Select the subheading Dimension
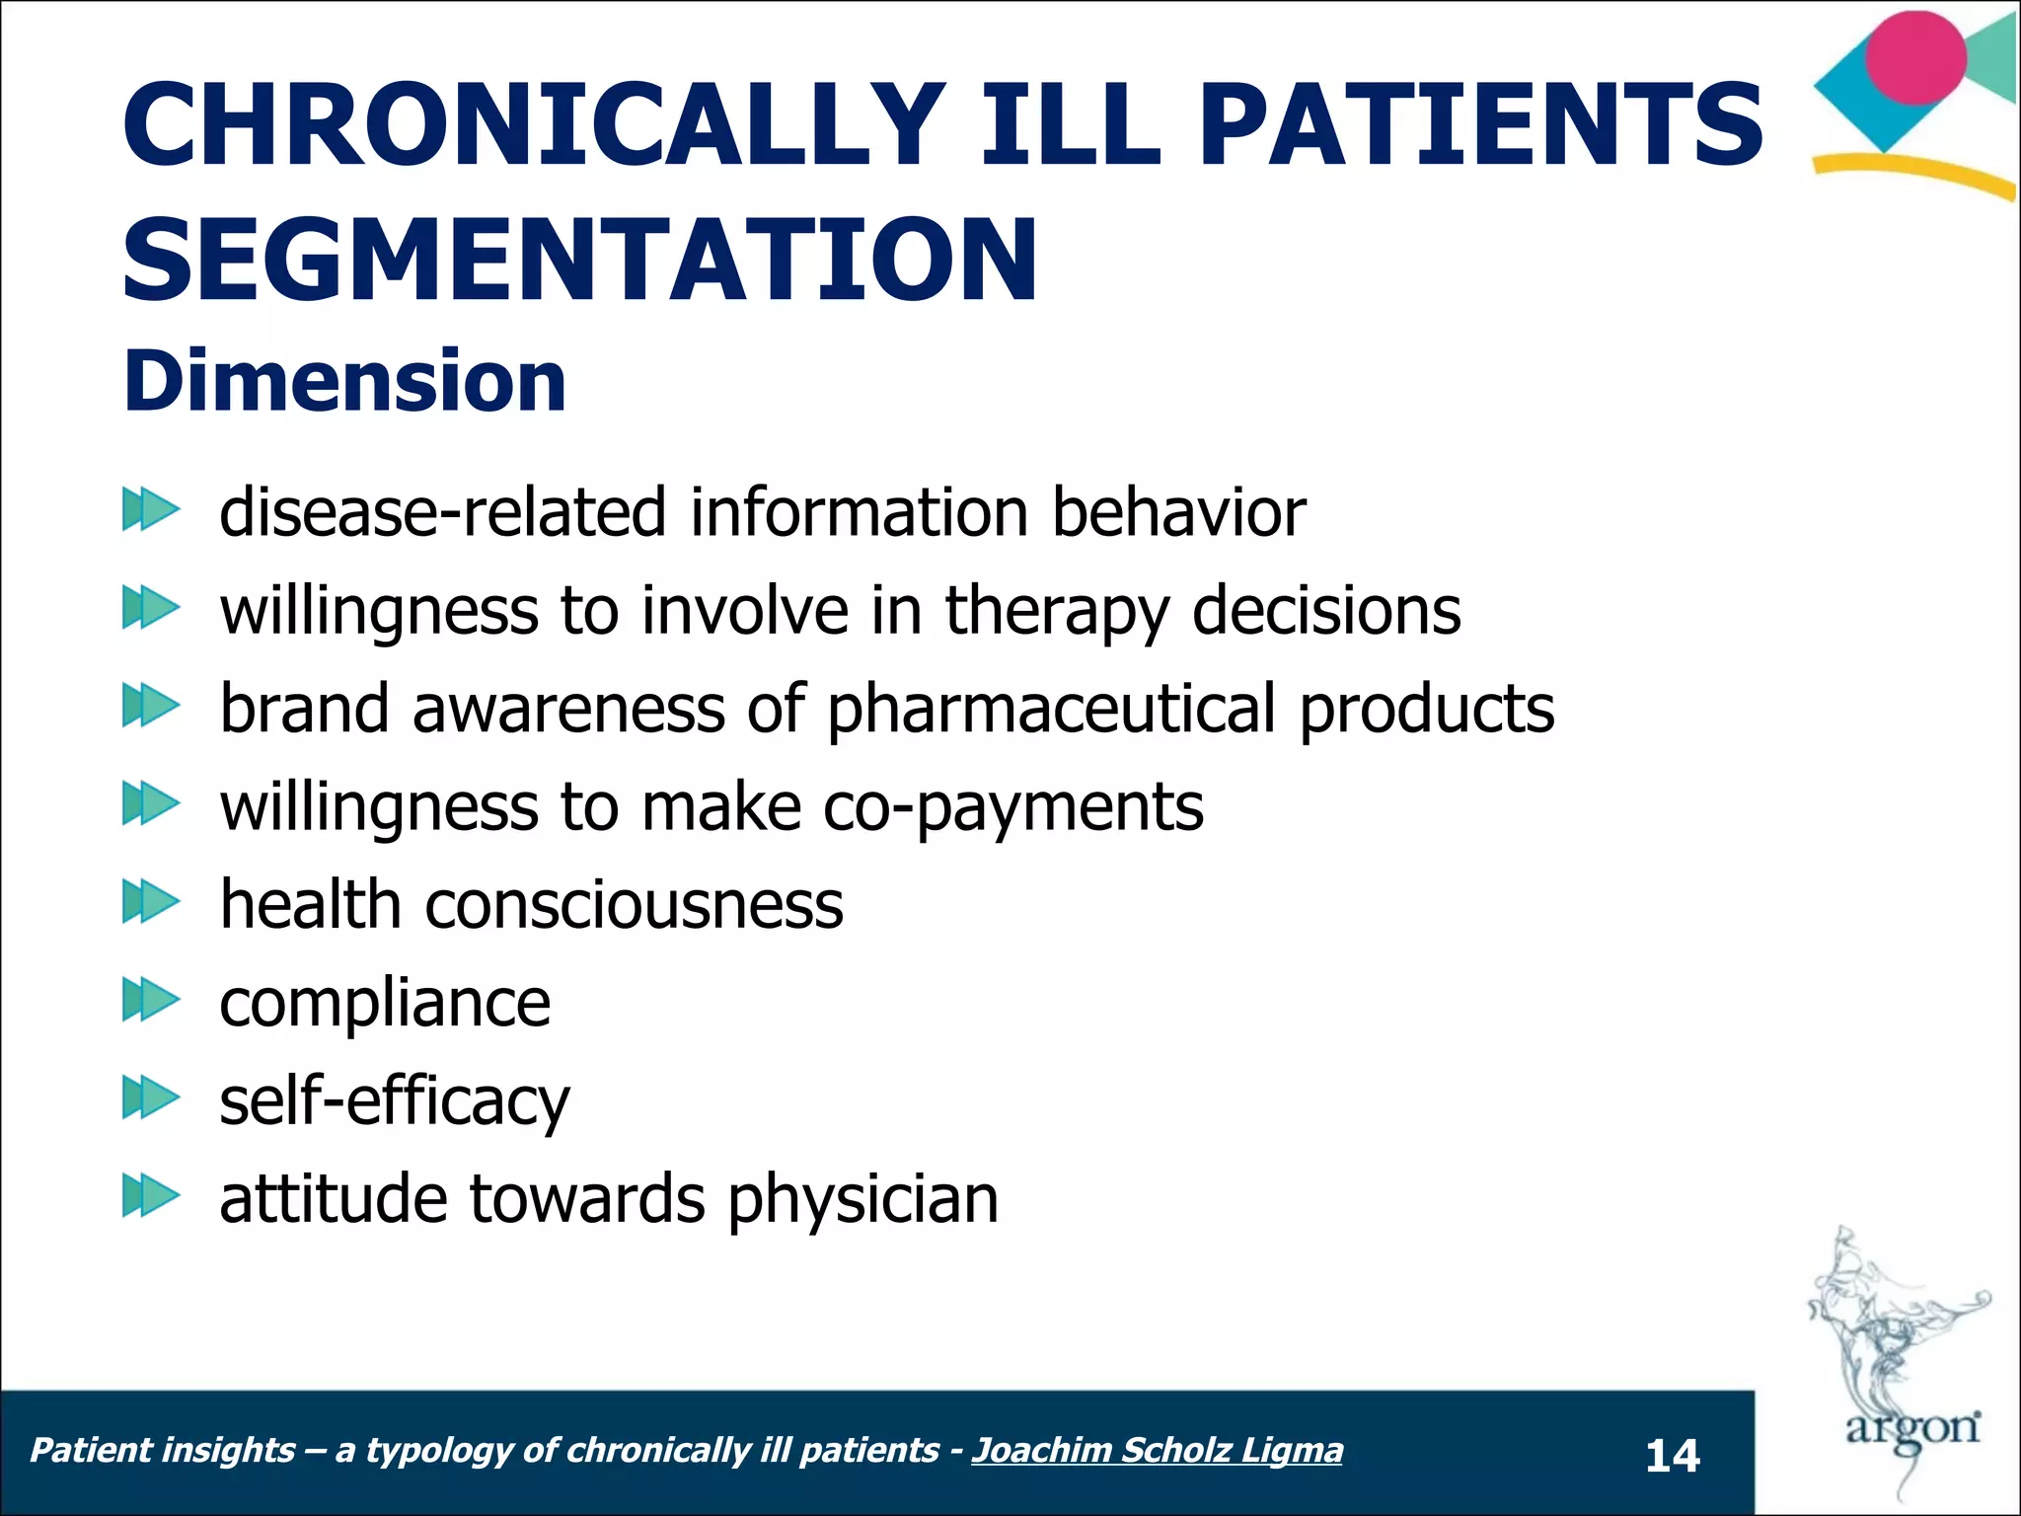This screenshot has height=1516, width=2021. pyautogui.click(x=344, y=382)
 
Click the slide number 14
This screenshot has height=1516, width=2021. pyautogui.click(x=1672, y=1456)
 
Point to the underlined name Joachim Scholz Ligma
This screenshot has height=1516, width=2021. pyautogui.click(x=1157, y=1450)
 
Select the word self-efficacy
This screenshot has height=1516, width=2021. pyautogui.click(x=394, y=1100)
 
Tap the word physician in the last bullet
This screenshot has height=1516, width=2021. pyautogui.click(x=862, y=1199)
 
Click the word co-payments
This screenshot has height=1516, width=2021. pyautogui.click(x=1012, y=807)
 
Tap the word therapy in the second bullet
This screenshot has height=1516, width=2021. pyautogui.click(x=1057, y=612)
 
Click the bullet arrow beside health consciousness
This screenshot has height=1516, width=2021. pyautogui.click(x=150, y=902)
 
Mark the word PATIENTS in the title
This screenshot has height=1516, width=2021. pyautogui.click(x=1480, y=125)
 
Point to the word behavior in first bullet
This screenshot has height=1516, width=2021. pyautogui.click(x=1178, y=513)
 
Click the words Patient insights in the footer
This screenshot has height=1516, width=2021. pyautogui.click(x=163, y=1450)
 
